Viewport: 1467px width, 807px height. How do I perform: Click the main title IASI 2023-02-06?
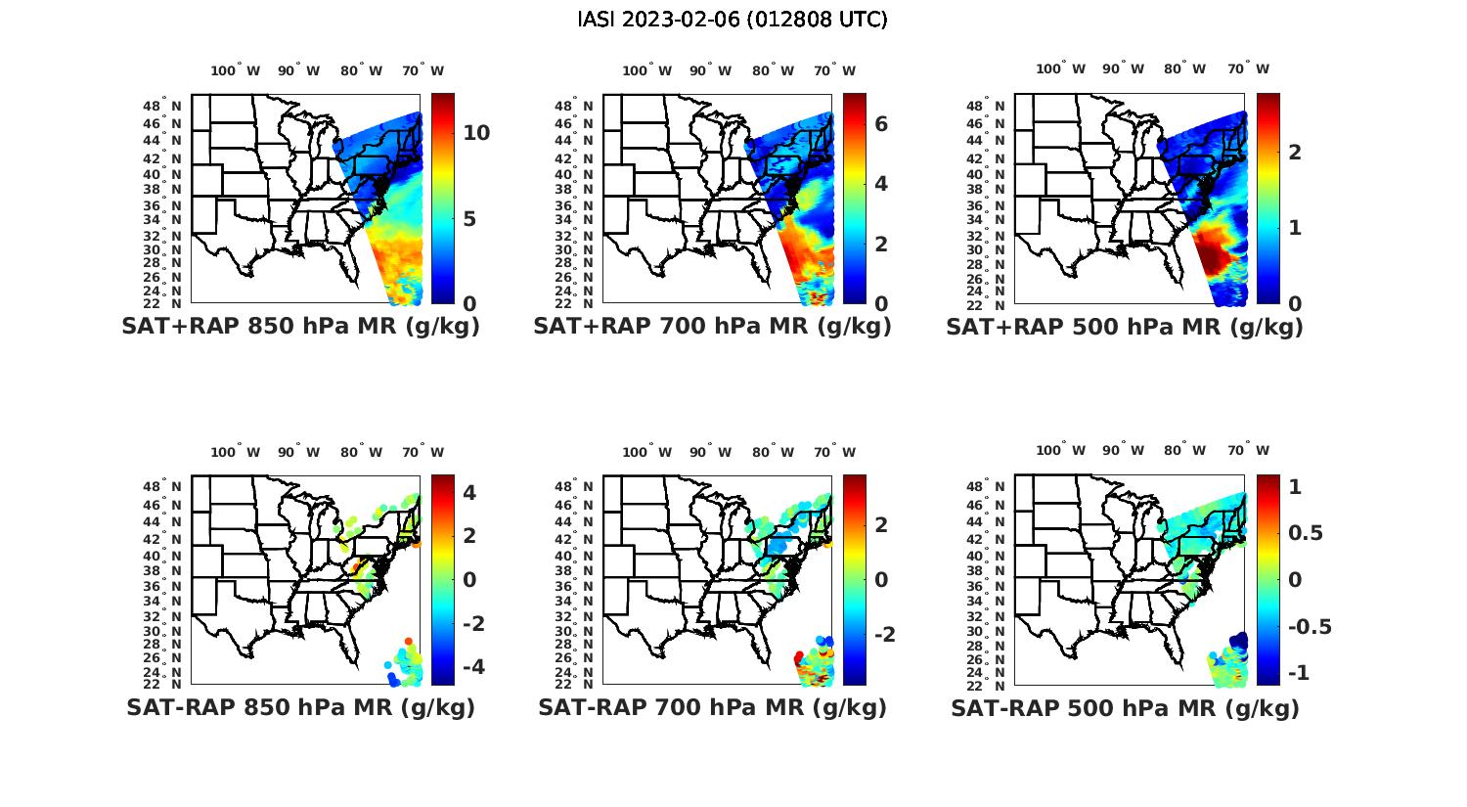(733, 20)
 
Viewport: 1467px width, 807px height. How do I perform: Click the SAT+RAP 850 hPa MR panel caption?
(300, 327)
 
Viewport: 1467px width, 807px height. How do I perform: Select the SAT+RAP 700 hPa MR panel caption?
(712, 327)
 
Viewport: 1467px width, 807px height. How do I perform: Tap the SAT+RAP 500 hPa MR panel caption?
(1125, 327)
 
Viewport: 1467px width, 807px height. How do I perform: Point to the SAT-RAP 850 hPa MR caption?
(300, 707)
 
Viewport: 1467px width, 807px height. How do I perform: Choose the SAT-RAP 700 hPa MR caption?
(712, 707)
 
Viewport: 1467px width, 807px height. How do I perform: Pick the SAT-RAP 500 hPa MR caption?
(1125, 707)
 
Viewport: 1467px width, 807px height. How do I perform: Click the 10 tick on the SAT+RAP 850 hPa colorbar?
(476, 133)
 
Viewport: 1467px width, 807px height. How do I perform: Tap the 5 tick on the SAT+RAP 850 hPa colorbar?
(469, 218)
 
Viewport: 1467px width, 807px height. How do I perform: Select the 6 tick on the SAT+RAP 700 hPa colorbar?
(881, 123)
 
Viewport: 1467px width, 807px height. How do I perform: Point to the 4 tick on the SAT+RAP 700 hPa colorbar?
(881, 184)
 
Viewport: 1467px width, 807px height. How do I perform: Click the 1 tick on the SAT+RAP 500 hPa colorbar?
(1294, 227)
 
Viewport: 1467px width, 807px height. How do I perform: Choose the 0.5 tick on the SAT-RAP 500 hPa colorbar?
(1307, 533)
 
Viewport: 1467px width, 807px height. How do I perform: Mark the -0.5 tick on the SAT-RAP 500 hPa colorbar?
(1310, 627)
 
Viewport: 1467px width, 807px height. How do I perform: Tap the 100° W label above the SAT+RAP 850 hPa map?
(235, 70)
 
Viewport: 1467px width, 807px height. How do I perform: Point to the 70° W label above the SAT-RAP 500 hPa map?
(1248, 451)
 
